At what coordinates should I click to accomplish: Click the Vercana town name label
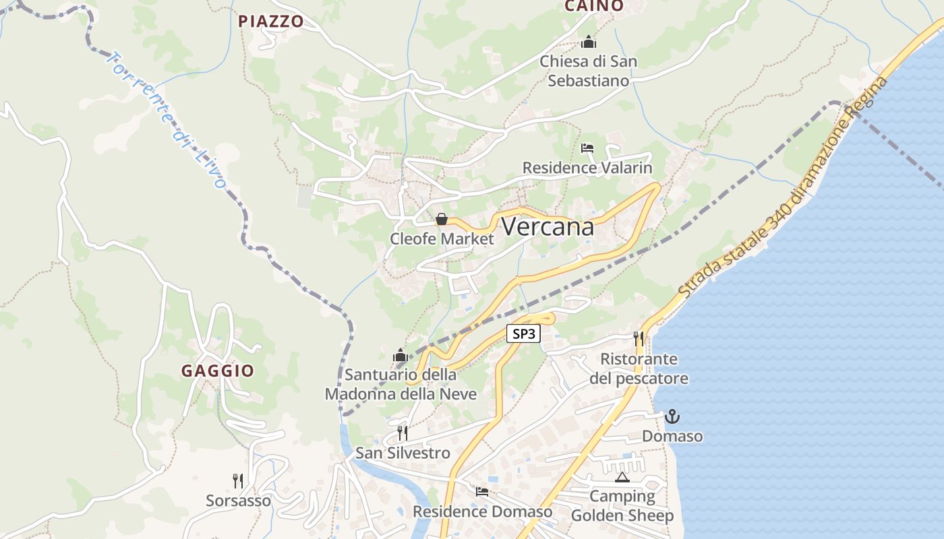[x=548, y=227]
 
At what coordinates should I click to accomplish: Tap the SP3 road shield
[x=524, y=333]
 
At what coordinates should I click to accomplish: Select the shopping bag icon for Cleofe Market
[x=442, y=219]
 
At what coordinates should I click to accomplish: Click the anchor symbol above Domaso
[x=672, y=417]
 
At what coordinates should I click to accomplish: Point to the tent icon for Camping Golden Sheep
[x=622, y=478]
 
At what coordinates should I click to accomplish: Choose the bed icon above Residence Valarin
[x=587, y=148]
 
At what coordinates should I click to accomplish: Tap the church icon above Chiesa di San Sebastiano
[x=589, y=42]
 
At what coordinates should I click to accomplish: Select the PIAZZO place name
[x=271, y=22]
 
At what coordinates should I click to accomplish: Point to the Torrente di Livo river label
[x=166, y=119]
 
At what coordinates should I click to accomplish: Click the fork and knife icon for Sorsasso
[x=238, y=481]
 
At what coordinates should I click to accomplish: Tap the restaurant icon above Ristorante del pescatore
[x=639, y=338]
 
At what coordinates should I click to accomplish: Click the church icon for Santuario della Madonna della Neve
[x=401, y=355]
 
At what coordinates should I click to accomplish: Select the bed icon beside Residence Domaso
[x=482, y=492]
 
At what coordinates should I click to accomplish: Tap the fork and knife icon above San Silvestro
[x=403, y=433]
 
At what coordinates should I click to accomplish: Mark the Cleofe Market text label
[x=442, y=239]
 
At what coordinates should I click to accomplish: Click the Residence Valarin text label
[x=587, y=168]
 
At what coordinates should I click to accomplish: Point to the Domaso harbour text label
[x=672, y=437]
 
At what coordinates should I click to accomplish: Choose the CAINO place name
[x=593, y=6]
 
